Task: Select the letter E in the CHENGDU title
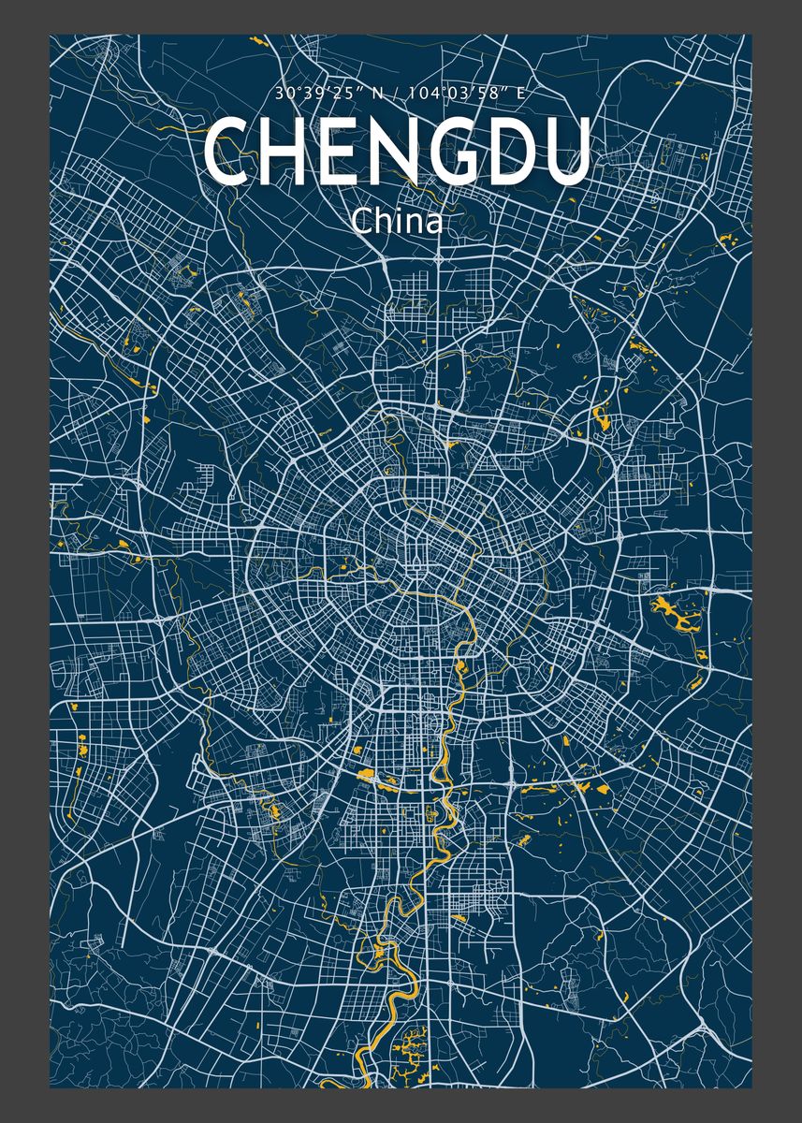[334, 151]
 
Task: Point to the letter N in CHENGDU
[387, 151]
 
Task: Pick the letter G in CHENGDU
[447, 151]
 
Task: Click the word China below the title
[397, 222]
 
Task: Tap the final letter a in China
[431, 225]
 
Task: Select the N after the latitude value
[374, 95]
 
